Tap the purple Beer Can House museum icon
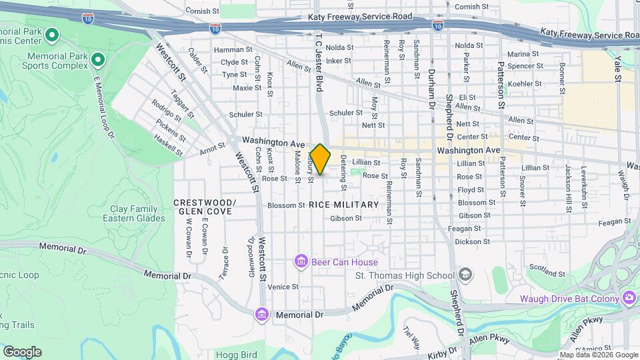click(x=301, y=261)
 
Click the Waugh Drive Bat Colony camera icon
click(x=628, y=298)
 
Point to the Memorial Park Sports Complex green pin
click(x=98, y=61)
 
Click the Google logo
click(x=22, y=351)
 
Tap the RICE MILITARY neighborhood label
click(x=344, y=204)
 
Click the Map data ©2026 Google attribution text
click(x=598, y=355)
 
